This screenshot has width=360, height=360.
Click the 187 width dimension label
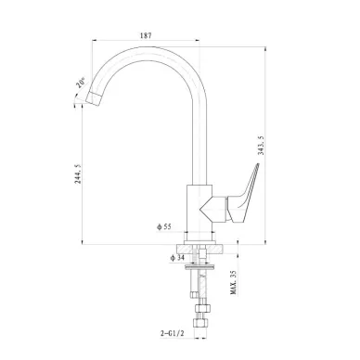pos(146,35)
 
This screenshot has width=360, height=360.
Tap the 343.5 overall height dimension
pos(261,146)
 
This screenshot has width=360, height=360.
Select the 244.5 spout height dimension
pos(78,174)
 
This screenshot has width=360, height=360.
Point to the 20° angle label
pos(81,83)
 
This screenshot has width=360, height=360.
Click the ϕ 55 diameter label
pos(164,226)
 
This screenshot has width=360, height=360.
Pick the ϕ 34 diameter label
pos(177,258)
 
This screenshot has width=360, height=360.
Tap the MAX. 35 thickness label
pos(234,282)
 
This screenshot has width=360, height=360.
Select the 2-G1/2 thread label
pos(173,333)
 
